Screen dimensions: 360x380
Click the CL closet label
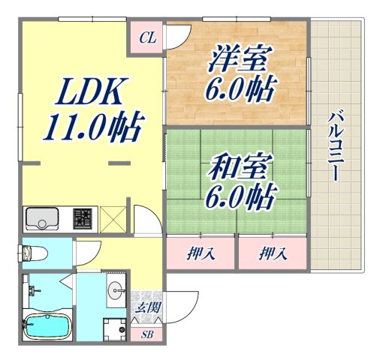[147, 38]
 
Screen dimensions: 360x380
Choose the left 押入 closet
[201, 253]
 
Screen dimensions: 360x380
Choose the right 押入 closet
[272, 253]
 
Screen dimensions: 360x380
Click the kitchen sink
[46, 219]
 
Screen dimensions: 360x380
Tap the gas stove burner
[82, 219]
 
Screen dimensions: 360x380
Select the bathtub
[48, 327]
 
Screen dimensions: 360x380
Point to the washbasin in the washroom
[117, 289]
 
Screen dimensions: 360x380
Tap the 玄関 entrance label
[147, 307]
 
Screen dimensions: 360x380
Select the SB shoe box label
[147, 334]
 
